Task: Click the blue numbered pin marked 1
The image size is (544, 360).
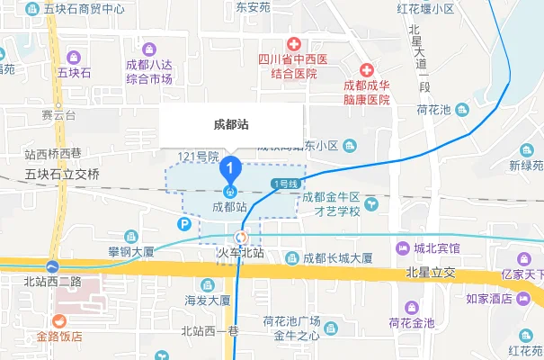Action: pyautogui.click(x=231, y=167)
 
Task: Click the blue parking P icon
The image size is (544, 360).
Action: pyautogui.click(x=185, y=224)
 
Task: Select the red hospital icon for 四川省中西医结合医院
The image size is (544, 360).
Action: pyautogui.click(x=293, y=43)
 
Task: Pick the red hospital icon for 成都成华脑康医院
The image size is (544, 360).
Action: pyautogui.click(x=367, y=70)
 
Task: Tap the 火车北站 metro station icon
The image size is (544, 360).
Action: pyautogui.click(x=239, y=238)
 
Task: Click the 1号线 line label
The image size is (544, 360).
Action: pyautogui.click(x=284, y=184)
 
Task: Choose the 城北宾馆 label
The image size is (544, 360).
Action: pyautogui.click(x=437, y=247)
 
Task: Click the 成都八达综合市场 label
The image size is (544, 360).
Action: pyautogui.click(x=149, y=72)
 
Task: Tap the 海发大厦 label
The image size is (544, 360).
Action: pyautogui.click(x=208, y=301)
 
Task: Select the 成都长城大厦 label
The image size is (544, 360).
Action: pyautogui.click(x=337, y=258)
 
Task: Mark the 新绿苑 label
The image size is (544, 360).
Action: pyautogui.click(x=526, y=166)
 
